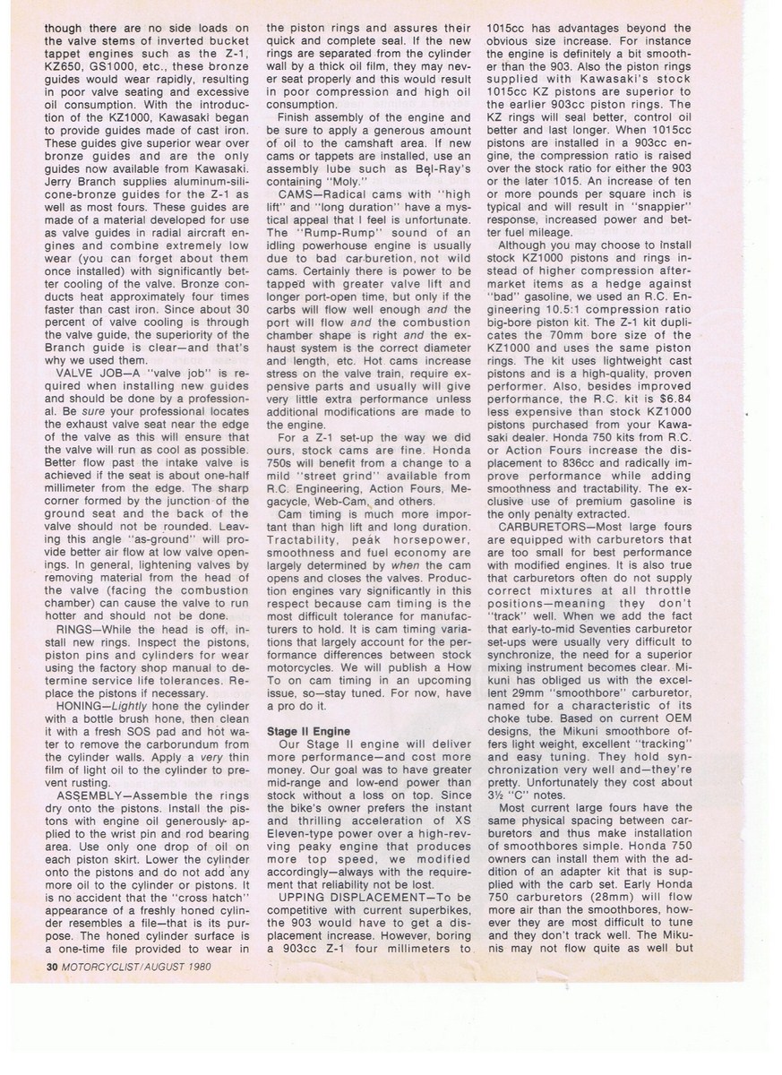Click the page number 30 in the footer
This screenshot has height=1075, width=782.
[x=51, y=967]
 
